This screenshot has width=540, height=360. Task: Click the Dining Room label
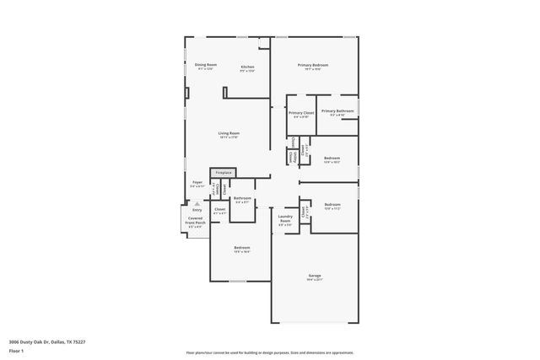(206, 65)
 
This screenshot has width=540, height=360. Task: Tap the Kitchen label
(247, 67)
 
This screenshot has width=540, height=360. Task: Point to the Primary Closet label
(301, 113)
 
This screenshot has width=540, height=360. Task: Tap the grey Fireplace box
(223, 173)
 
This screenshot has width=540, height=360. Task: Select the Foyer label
(197, 182)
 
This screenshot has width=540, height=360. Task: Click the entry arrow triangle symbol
(197, 203)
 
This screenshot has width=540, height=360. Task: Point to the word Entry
(197, 210)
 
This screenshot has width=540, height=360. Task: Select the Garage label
(314, 276)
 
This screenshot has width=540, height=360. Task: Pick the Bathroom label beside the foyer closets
(242, 198)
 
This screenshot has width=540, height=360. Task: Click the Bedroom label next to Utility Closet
(332, 158)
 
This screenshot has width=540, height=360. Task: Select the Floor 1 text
(16, 350)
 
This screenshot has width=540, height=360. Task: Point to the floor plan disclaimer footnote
(269, 352)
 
